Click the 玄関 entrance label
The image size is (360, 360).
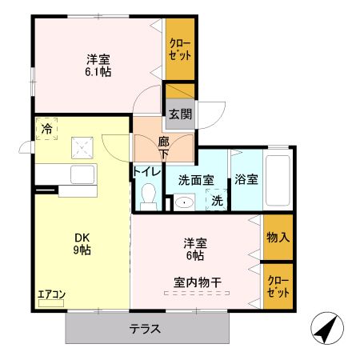pos(179,114)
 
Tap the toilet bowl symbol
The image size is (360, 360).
pos(147,194)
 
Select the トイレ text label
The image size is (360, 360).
pos(147,170)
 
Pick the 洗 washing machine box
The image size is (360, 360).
pos(217,202)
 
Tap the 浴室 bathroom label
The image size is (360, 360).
pos(246,180)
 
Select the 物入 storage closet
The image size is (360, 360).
pos(278,237)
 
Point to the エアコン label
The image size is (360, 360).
pos(51,294)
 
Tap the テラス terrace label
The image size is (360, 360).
pos(146,329)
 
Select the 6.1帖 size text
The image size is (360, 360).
pos(98,71)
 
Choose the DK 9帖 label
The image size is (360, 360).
pos(82,243)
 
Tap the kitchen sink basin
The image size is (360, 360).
pos(82,174)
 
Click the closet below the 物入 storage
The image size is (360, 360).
pos(278,286)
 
